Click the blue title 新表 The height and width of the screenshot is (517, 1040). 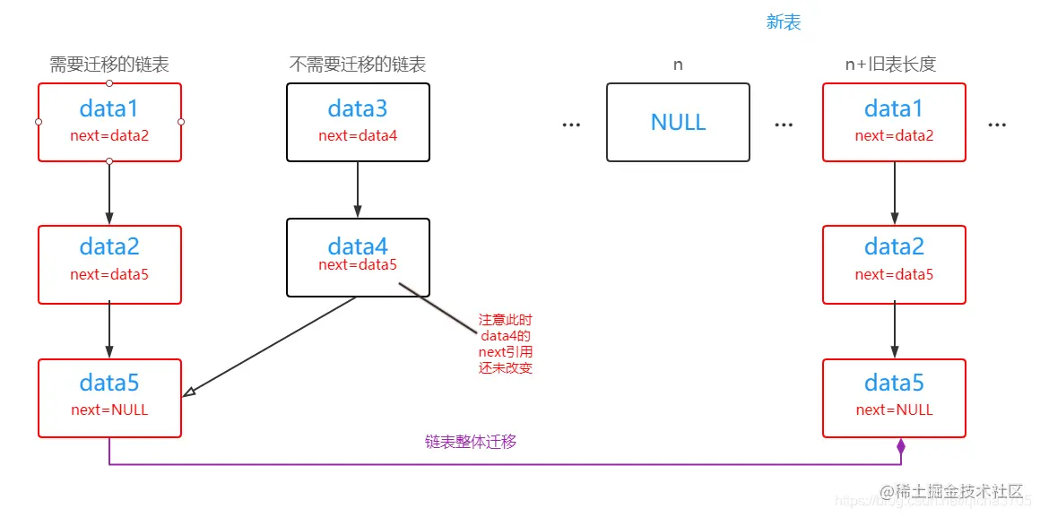[784, 22]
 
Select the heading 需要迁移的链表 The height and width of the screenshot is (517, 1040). [108, 65]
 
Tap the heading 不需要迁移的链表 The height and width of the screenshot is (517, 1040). [357, 65]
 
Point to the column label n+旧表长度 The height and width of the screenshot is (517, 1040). [894, 65]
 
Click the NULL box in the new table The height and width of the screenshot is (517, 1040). [678, 122]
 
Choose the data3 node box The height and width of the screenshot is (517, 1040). [358, 122]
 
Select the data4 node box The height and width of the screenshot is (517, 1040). [358, 257]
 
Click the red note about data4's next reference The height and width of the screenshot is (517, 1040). [506, 344]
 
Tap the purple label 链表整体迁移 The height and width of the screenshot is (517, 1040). [471, 442]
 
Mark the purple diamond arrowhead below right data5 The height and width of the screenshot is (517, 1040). [901, 445]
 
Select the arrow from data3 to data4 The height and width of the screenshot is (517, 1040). [358, 190]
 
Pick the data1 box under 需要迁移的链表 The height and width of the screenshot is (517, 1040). [109, 122]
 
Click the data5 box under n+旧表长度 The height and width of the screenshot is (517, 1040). [894, 398]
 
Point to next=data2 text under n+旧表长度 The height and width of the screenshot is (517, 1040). [894, 136]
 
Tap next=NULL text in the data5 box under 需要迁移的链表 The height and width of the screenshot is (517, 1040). [109, 410]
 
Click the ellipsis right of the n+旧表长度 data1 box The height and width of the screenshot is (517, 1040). [997, 125]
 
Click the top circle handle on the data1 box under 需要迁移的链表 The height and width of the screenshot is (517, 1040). [109, 83]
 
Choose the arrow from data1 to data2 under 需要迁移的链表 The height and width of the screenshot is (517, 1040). [109, 193]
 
